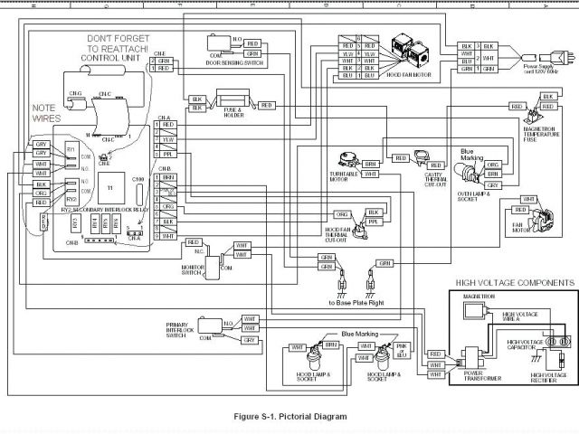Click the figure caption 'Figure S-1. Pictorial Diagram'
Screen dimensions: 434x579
289,417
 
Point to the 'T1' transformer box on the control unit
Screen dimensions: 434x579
110,185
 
